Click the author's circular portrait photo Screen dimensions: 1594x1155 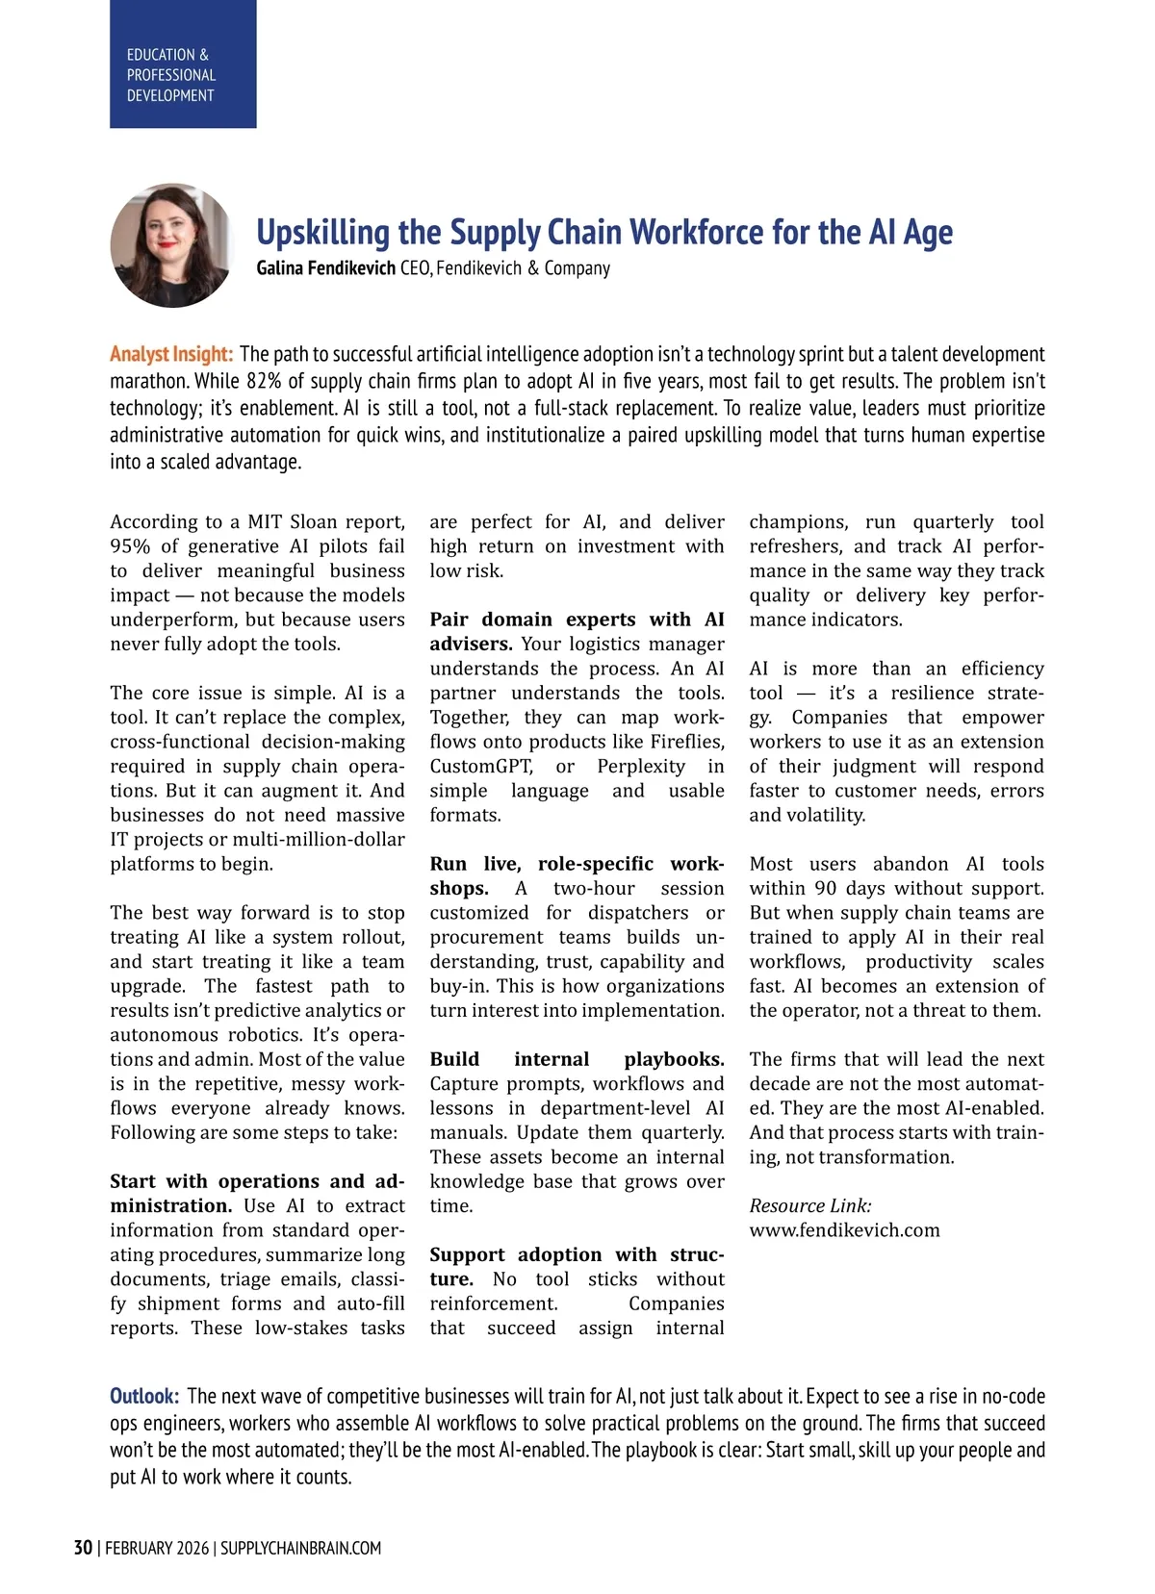click(172, 246)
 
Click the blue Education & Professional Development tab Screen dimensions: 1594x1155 click(183, 64)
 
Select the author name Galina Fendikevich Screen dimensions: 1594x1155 click(325, 268)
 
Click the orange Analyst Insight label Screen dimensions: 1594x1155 click(171, 354)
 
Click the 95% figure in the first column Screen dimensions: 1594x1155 click(130, 546)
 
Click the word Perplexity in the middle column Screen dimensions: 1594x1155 click(641, 767)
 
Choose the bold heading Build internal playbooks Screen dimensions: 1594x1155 click(577, 1059)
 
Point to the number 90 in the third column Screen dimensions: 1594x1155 click(825, 889)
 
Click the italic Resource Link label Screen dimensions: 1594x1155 click(810, 1205)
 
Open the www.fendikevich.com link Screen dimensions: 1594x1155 click(844, 1230)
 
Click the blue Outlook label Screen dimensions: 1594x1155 click(144, 1396)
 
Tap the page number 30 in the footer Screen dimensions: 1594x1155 click(83, 1548)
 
